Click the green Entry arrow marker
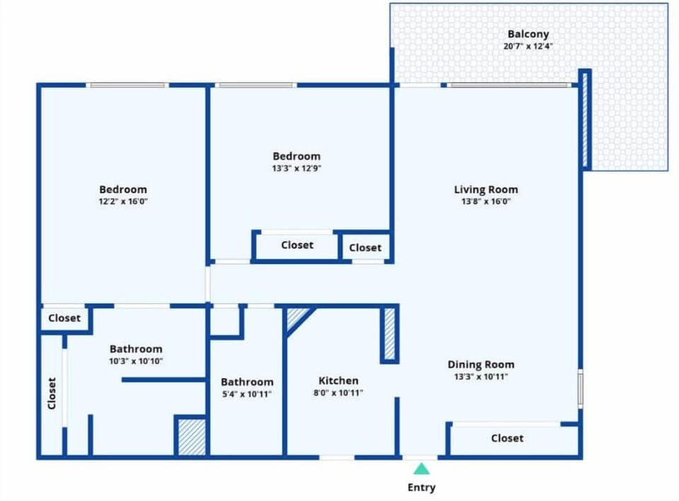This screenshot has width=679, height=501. (422, 468)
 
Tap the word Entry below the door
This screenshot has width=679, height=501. (422, 487)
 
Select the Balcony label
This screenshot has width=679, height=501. (528, 34)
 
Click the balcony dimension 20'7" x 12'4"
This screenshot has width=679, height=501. (528, 47)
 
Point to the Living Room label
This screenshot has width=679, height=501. (485, 189)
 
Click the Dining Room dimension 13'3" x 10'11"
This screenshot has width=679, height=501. (481, 377)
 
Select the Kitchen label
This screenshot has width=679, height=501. (338, 380)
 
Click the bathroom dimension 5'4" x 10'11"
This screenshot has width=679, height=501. (246, 394)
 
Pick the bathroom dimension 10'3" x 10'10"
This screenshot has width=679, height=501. (135, 361)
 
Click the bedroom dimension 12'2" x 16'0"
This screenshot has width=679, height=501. (123, 201)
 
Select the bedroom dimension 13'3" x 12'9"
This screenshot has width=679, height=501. (296, 168)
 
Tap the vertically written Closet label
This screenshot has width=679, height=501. (52, 393)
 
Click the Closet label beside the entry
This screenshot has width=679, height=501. (507, 438)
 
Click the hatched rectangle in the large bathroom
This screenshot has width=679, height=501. (191, 436)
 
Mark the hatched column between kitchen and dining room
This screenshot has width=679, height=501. (390, 334)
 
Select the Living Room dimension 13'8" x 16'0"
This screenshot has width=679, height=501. (485, 201)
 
